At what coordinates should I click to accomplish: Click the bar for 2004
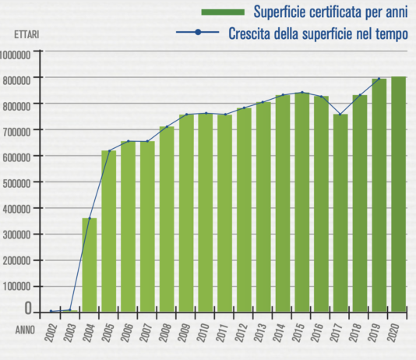click(x=90, y=265)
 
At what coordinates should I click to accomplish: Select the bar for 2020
click(x=399, y=194)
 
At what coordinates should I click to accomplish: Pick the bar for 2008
click(x=167, y=219)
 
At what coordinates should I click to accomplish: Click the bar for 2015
click(x=301, y=203)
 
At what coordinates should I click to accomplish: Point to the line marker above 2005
click(x=109, y=150)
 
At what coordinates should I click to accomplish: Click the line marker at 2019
click(x=379, y=79)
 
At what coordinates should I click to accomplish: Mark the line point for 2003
click(x=70, y=310)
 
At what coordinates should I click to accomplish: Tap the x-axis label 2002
click(x=51, y=334)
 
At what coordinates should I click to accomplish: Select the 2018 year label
click(x=360, y=334)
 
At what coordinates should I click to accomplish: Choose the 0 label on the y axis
click(x=28, y=309)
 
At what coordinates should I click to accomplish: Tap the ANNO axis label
click(x=25, y=330)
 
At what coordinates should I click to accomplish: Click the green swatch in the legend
click(x=222, y=12)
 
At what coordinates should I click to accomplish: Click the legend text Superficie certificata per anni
click(x=330, y=12)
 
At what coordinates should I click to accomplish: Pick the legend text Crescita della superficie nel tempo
click(x=318, y=34)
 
